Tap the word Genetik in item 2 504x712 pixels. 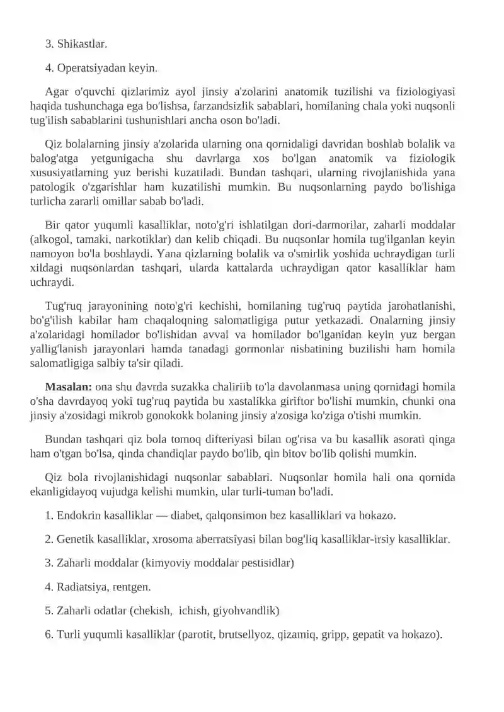click(x=75, y=540)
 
